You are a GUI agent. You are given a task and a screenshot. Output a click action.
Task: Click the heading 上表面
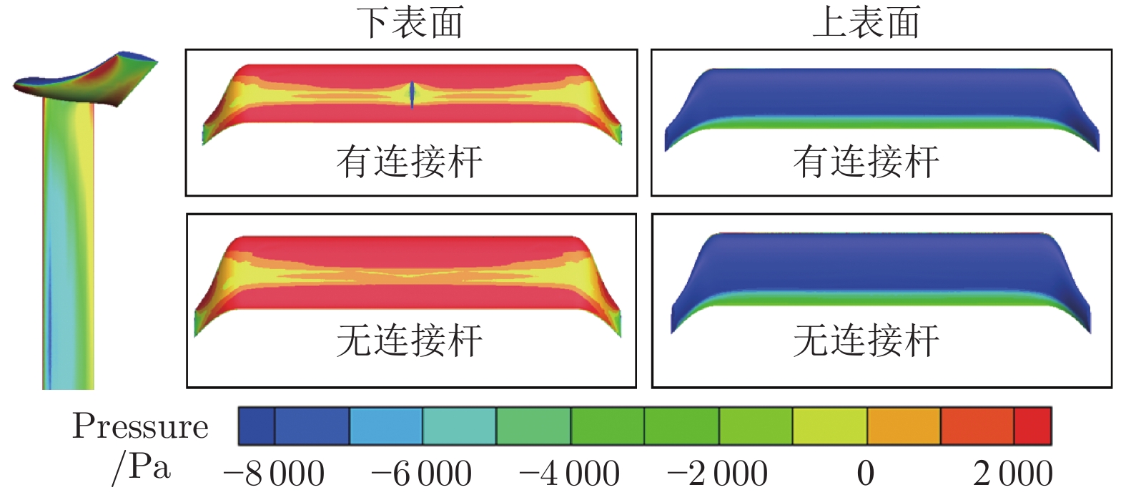coord(866,22)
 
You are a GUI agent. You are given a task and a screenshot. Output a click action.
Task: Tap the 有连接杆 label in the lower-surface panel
coord(410,161)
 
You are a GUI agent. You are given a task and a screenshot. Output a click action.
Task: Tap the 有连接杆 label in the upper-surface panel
coord(866,161)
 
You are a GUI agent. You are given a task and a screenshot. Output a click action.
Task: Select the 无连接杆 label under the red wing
coord(410,340)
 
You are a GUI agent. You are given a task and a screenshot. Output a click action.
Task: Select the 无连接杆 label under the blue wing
coord(866,340)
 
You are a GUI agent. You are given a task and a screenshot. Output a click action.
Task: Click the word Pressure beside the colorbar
coord(140,427)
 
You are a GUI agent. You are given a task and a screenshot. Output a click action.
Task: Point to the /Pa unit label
coord(142,469)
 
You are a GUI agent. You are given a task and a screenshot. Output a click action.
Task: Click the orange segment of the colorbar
coord(903,426)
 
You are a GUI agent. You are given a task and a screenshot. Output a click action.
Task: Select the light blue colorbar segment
coord(385,426)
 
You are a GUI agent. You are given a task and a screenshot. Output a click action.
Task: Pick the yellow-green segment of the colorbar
coord(829,426)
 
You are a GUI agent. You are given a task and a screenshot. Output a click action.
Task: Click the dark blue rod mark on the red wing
coord(412,95)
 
